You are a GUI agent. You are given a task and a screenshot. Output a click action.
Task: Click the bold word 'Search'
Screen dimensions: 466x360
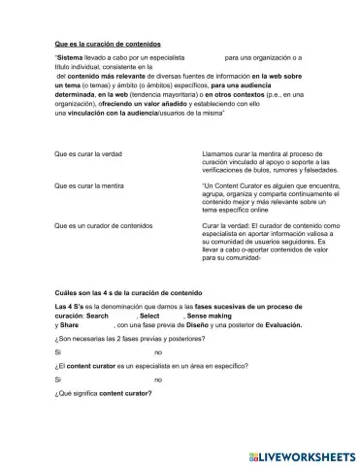(x=97, y=316)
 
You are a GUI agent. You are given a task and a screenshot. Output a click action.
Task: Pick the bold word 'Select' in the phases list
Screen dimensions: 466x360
(x=149, y=316)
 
